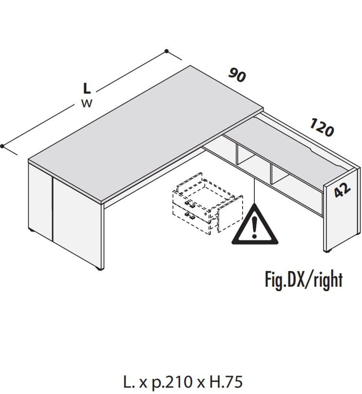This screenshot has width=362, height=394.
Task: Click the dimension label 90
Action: (x=237, y=75)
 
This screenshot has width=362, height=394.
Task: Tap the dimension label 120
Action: (x=322, y=128)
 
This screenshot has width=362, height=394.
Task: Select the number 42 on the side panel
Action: (x=342, y=190)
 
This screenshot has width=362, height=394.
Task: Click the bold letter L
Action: (x=87, y=88)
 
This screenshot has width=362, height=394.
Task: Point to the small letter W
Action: (x=87, y=103)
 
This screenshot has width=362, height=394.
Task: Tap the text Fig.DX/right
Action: (x=304, y=280)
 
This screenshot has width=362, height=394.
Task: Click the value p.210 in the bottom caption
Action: (x=171, y=382)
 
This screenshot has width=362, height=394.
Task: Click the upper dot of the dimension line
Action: (x=167, y=51)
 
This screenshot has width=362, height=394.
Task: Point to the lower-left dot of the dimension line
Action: (x=2, y=146)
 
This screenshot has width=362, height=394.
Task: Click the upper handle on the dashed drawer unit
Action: (x=190, y=204)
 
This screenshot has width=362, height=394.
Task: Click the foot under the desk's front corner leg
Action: (x=100, y=269)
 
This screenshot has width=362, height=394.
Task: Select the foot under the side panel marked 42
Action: (x=327, y=251)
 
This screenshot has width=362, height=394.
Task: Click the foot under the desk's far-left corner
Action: (x=31, y=230)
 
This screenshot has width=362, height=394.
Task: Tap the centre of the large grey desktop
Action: (x=146, y=133)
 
